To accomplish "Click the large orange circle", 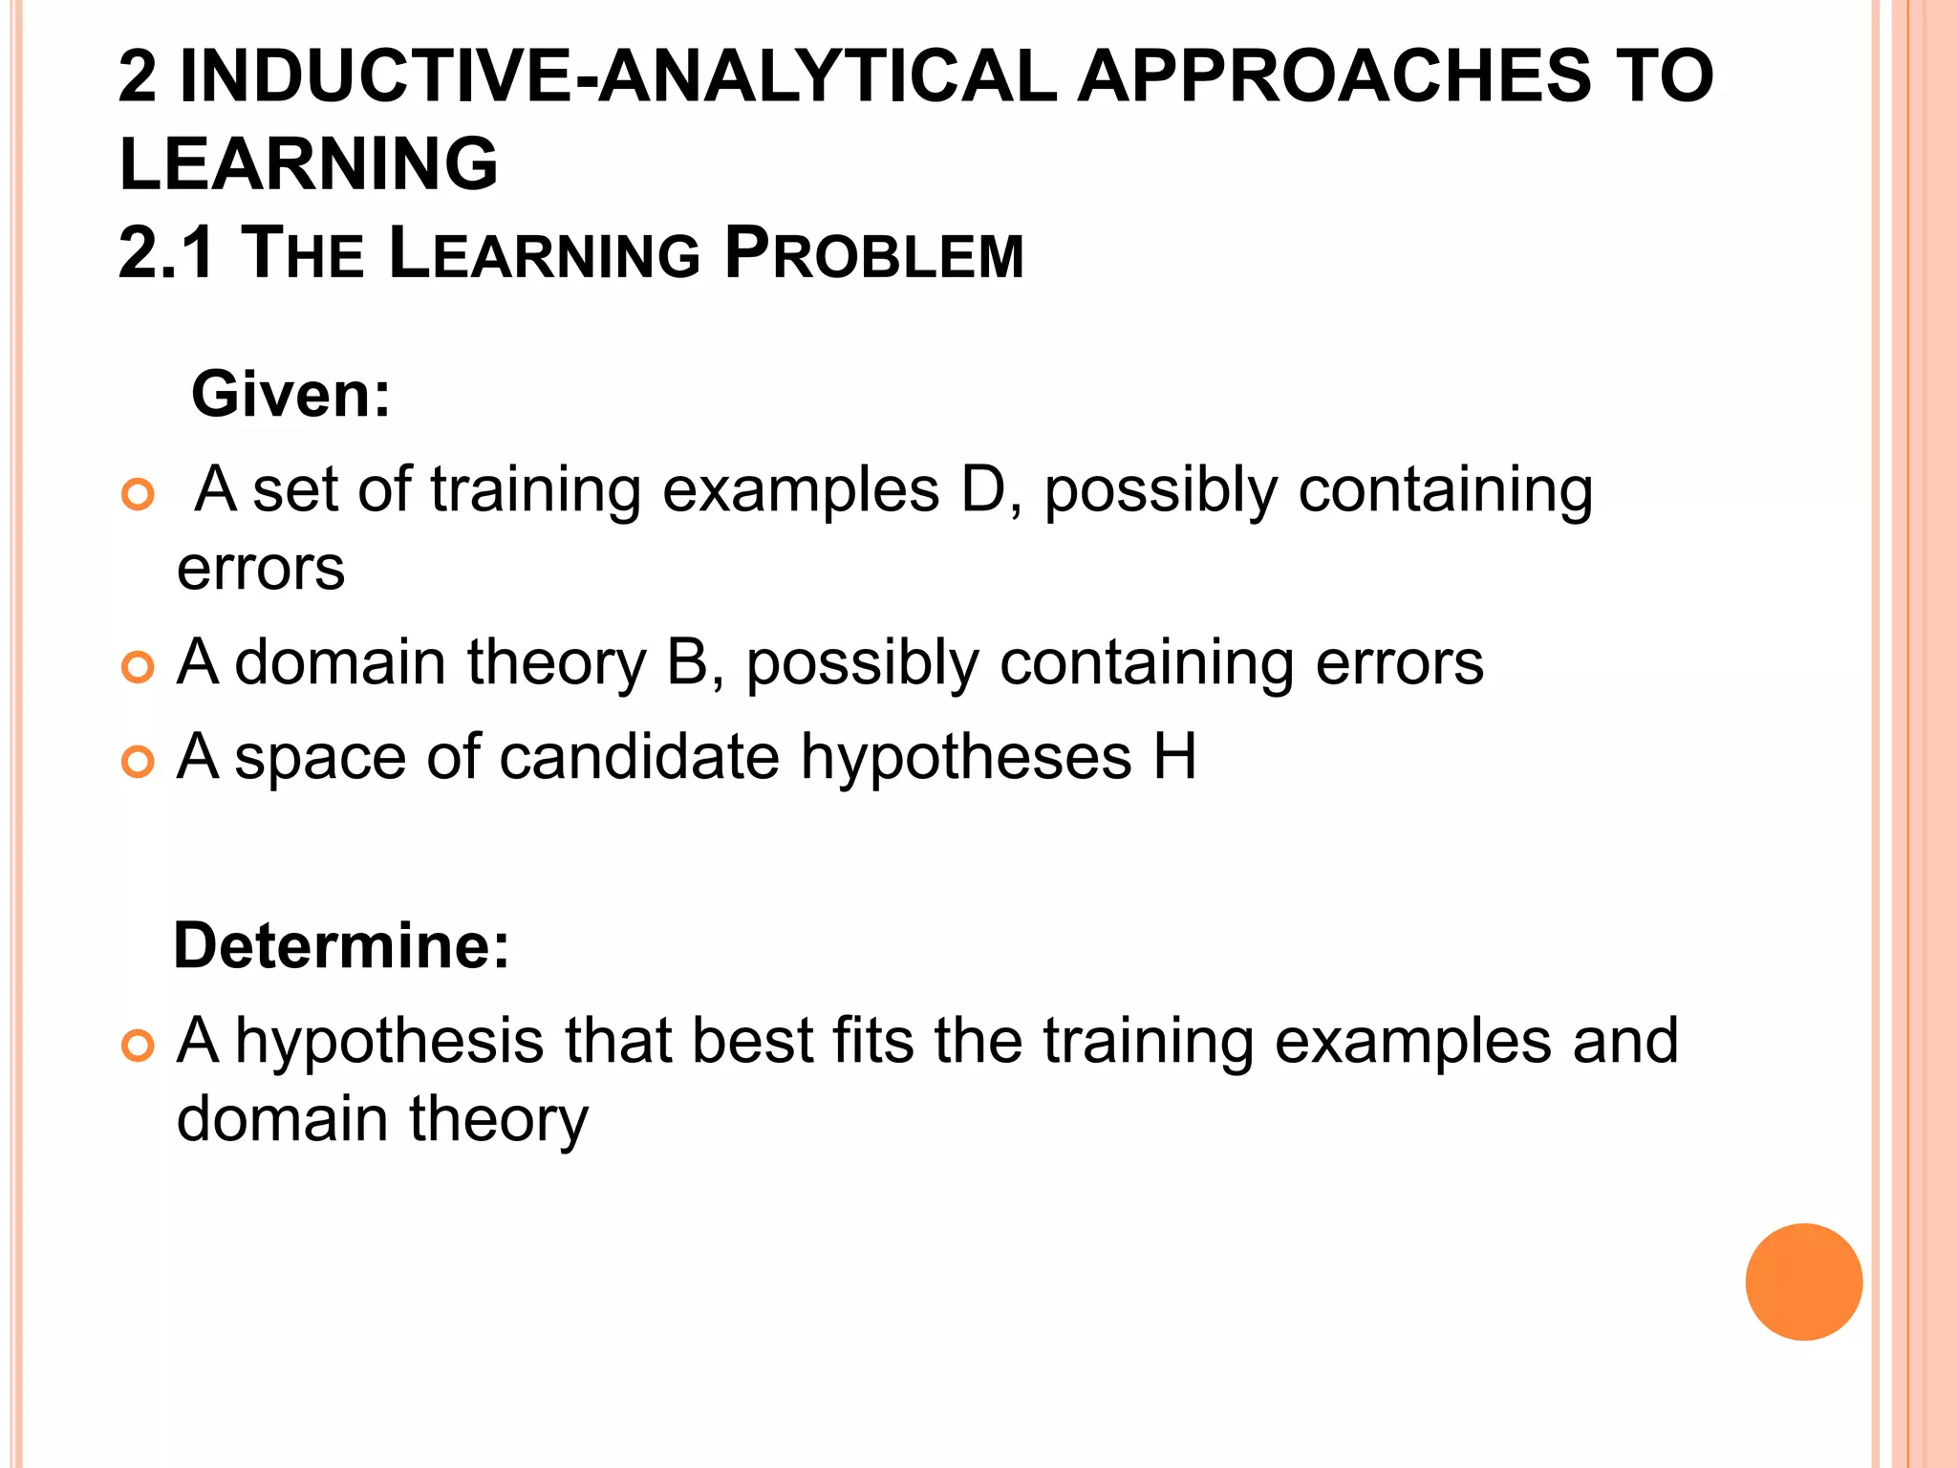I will [x=1803, y=1282].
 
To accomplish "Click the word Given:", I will [x=291, y=394].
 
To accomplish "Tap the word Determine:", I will [x=341, y=945].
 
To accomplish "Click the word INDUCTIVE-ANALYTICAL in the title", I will [x=618, y=76].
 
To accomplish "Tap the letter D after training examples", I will [x=982, y=489].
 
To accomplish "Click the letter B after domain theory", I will [x=686, y=661].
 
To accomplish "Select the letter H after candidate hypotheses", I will [x=1174, y=757].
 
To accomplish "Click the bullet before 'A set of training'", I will [x=139, y=495].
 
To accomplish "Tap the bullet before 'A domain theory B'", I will [x=139, y=667].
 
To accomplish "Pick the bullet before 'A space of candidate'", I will [x=139, y=762].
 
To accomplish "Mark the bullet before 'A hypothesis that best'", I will [x=139, y=1046].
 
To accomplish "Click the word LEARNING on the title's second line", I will [x=309, y=163].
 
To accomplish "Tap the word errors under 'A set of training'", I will [x=261, y=569].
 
